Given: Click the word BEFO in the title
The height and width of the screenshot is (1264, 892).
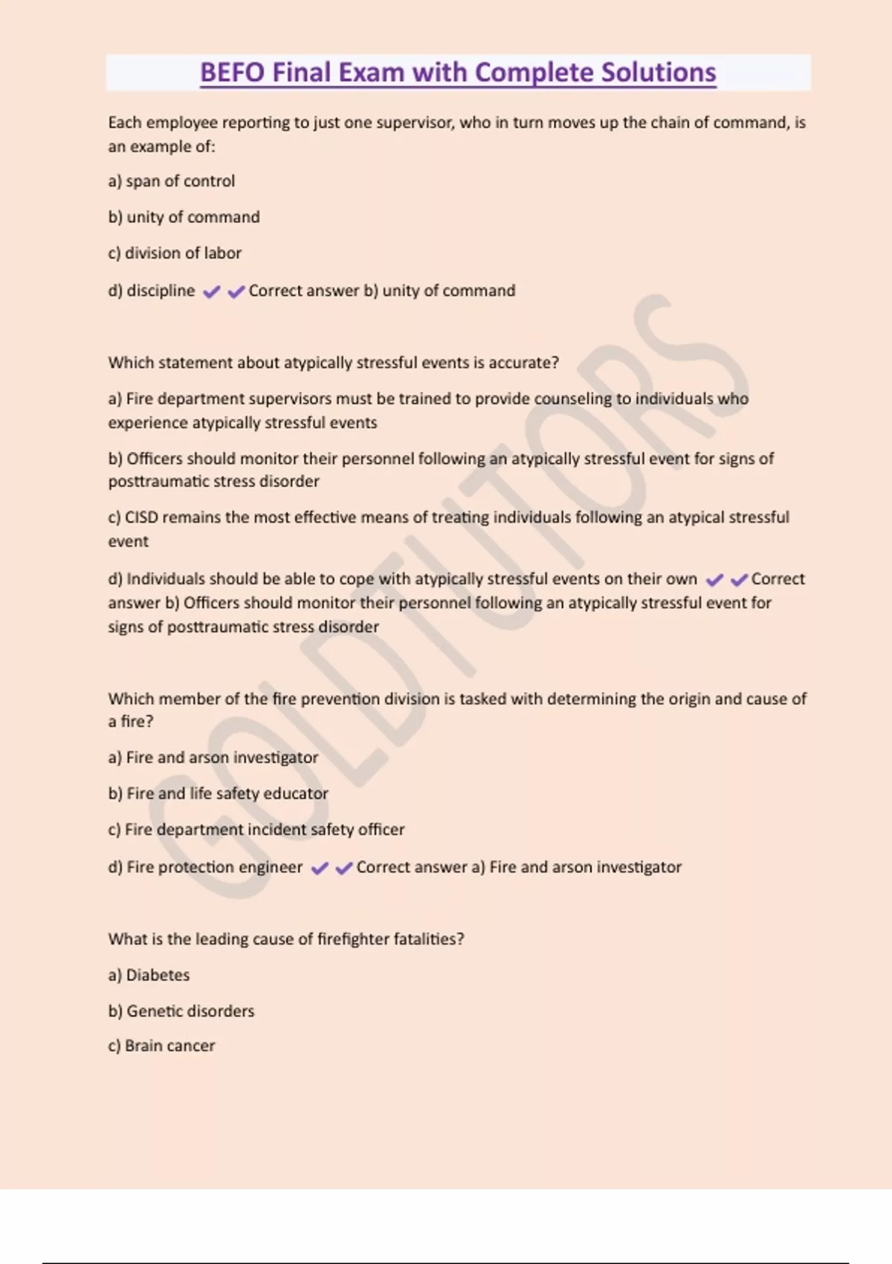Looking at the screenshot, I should pos(233,73).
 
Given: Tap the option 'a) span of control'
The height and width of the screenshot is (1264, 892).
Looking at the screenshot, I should pos(172,181).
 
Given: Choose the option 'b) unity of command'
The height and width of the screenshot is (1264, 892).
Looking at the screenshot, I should pos(184,217).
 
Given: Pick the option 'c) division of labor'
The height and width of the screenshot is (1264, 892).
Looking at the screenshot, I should pos(175,254).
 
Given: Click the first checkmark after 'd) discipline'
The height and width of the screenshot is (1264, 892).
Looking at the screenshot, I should pos(212,291).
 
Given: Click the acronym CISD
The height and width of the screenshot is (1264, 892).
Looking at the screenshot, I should pos(141,517).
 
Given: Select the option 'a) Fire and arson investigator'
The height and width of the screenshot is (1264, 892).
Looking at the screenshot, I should pos(213,758).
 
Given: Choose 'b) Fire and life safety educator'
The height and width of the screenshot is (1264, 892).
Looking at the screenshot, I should pos(218,793).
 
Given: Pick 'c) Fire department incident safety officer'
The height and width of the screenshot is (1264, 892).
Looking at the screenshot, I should pos(256,830).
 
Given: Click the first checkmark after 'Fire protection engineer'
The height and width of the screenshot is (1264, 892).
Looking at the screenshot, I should pos(320,868).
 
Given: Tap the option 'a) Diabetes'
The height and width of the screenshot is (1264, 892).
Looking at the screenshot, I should pos(149,976).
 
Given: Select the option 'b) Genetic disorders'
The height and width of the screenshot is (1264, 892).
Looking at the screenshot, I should pos(181,1011).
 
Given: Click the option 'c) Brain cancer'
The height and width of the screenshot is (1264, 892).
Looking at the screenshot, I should pos(161,1046).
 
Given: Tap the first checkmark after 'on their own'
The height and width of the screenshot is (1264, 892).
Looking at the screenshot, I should pos(714,580).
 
